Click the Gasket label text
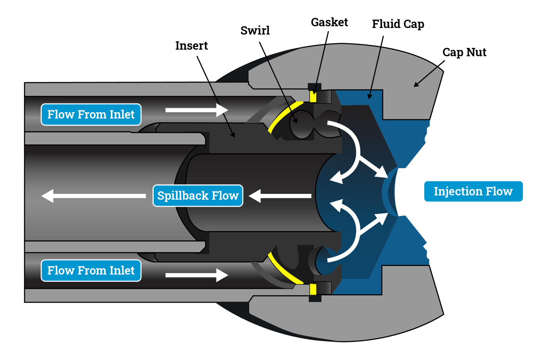click(329, 22)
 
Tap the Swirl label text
click(255, 31)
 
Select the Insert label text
click(191, 46)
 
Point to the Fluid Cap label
click(398, 24)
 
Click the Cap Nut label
click(464, 52)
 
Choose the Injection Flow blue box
click(473, 191)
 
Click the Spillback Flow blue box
click(198, 196)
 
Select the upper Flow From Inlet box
click(91, 114)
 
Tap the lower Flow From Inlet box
click(91, 270)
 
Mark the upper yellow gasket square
click(313, 97)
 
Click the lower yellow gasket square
click(313, 289)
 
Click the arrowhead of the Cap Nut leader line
click(416, 85)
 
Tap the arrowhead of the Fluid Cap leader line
click(369, 97)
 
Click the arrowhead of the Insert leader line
click(233, 135)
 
